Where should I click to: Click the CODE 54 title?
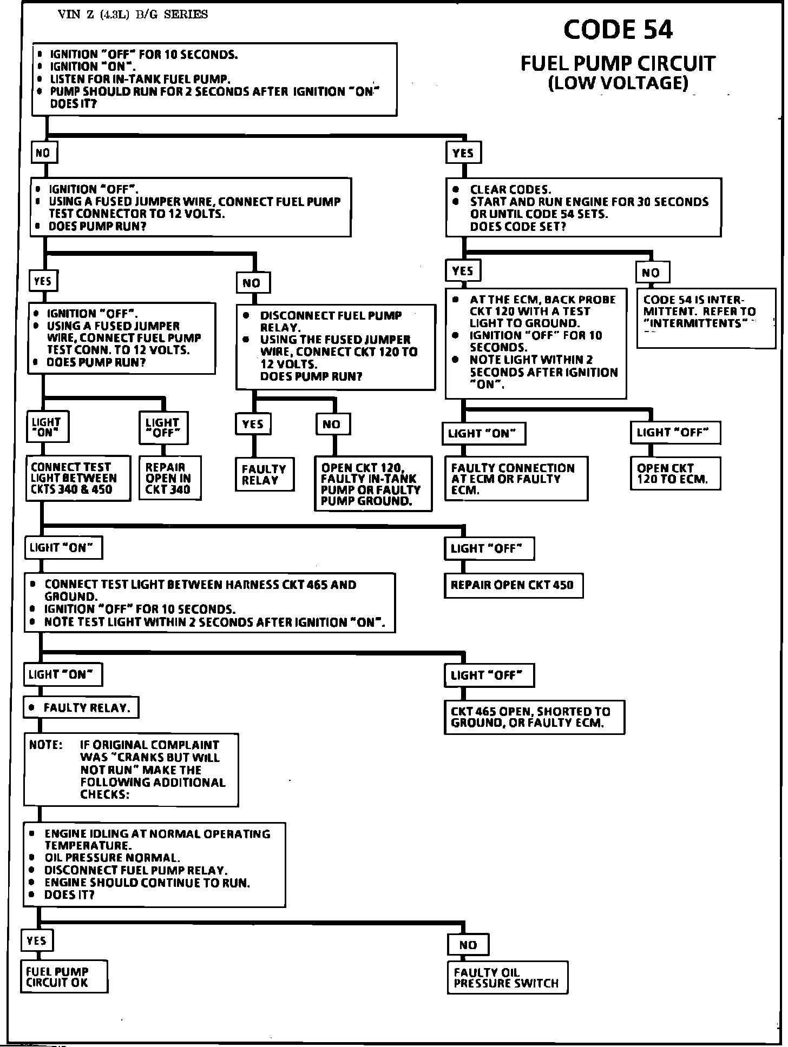click(618, 30)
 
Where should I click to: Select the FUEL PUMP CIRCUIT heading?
click(618, 64)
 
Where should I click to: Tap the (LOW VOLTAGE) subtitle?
click(618, 83)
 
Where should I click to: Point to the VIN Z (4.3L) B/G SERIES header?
click(133, 15)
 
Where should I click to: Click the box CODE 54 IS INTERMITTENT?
click(706, 318)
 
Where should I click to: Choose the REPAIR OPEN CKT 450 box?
click(513, 586)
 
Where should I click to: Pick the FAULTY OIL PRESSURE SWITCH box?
click(507, 978)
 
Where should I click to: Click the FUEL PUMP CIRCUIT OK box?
click(64, 977)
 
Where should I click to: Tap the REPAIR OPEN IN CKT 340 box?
click(170, 478)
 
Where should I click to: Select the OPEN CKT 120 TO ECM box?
click(675, 474)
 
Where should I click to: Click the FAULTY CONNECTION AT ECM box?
click(516, 479)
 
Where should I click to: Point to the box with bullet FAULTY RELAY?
click(81, 707)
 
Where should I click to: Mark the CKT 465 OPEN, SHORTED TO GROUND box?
click(534, 718)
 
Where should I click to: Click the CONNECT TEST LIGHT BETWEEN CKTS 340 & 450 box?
click(78, 478)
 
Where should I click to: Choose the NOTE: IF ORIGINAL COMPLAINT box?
click(130, 770)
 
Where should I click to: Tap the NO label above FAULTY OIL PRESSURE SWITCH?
click(468, 945)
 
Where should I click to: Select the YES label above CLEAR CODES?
click(463, 153)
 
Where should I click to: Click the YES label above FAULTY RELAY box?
click(253, 424)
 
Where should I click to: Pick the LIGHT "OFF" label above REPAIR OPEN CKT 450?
click(489, 548)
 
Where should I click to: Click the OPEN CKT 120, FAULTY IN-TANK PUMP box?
click(373, 483)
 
